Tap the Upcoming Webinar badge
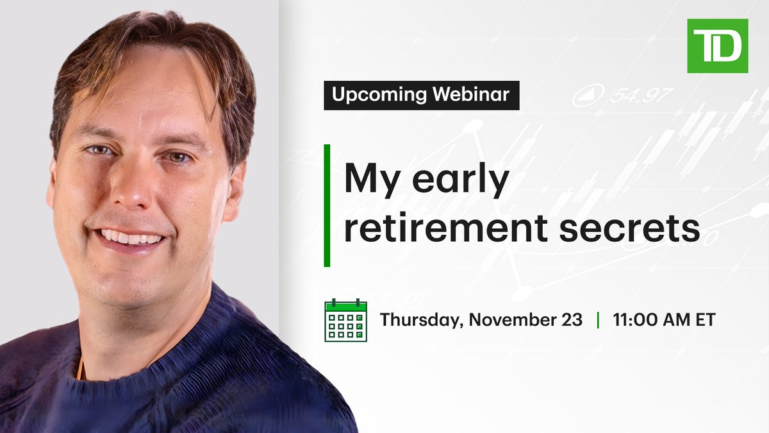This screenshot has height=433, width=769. coord(421,96)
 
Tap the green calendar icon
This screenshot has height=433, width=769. coord(345,319)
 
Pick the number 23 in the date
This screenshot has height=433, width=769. coord(572,319)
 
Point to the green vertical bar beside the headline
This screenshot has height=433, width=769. coord(327,205)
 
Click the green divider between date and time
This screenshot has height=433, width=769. coord(598,319)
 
